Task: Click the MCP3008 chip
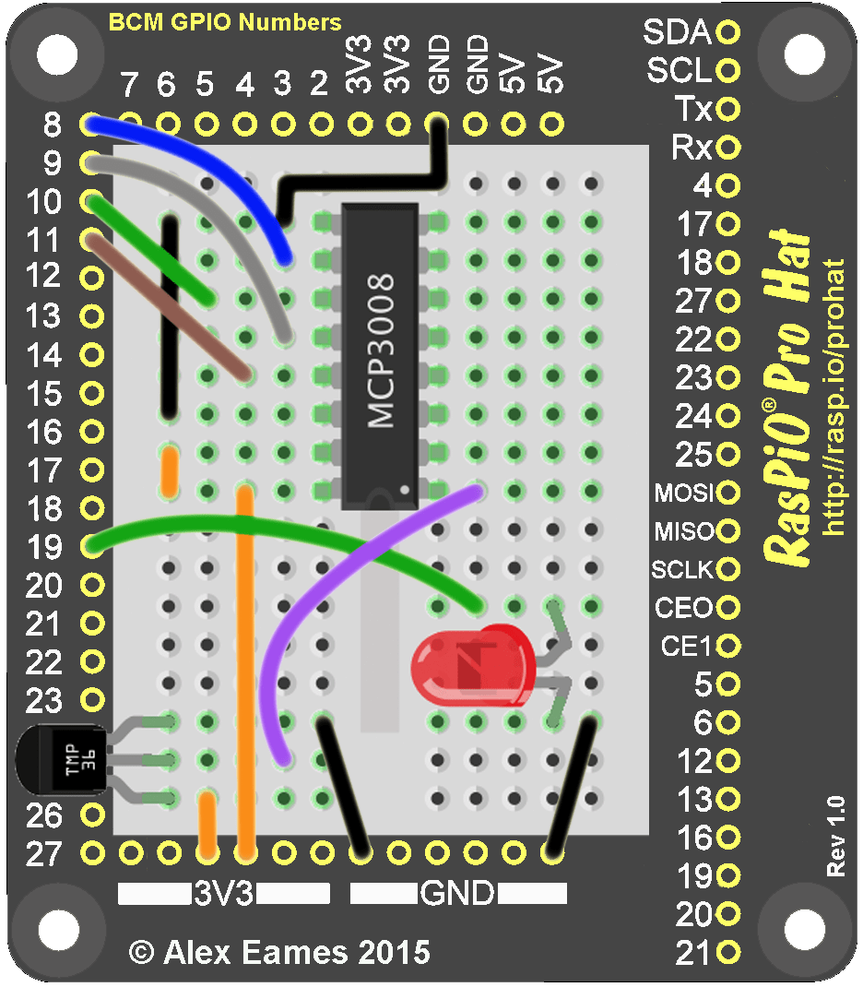point(379,355)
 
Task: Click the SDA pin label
point(678,33)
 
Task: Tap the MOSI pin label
point(684,493)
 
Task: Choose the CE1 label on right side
point(687,647)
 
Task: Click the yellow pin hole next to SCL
point(728,70)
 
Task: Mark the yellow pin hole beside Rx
point(728,148)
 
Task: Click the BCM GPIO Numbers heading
point(225,22)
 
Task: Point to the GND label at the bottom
point(457,893)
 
